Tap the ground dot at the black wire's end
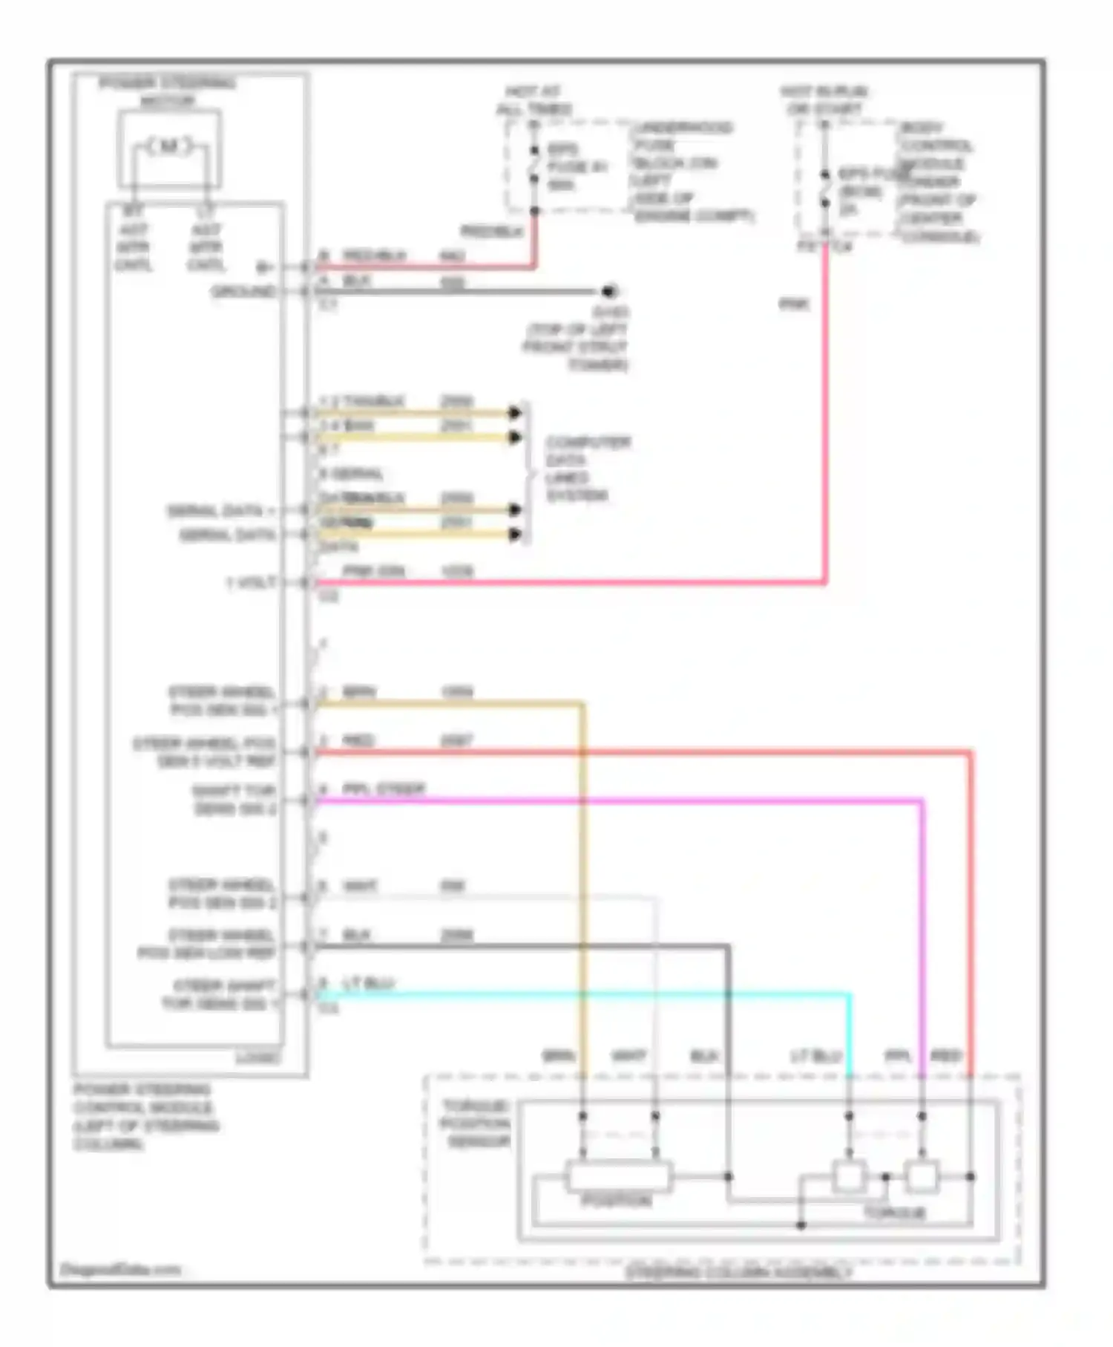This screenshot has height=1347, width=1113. click(x=609, y=291)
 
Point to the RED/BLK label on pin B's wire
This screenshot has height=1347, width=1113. click(x=374, y=256)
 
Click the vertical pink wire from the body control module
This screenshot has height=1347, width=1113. click(x=824, y=416)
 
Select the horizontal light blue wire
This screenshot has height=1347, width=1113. click(x=579, y=994)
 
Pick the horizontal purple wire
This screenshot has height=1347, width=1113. click(x=616, y=800)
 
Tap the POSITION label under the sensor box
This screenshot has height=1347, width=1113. click(x=616, y=1200)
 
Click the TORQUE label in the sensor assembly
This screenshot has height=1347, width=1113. click(x=893, y=1213)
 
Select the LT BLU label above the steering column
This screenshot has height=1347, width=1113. click(x=815, y=1055)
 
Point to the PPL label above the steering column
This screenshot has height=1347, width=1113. click(x=898, y=1055)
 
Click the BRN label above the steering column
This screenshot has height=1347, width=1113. click(x=557, y=1055)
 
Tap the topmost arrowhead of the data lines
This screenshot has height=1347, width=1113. click(x=515, y=412)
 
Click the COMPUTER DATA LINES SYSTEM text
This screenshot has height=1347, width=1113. click(x=588, y=469)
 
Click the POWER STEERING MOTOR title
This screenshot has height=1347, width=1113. click(x=168, y=91)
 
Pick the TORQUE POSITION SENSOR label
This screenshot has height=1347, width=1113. click(x=476, y=1123)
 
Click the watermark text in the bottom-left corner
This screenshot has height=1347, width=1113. click(x=119, y=1269)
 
